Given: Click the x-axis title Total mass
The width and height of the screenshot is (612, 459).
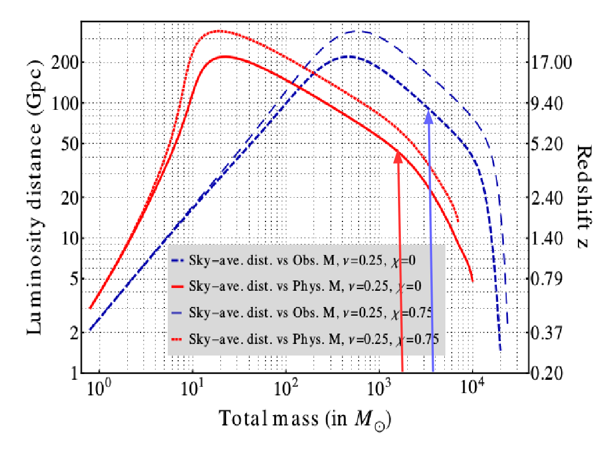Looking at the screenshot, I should [x=305, y=418].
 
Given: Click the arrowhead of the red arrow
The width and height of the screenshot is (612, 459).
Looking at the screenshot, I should [x=397, y=155].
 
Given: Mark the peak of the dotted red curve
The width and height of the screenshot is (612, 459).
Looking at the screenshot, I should [x=218, y=31].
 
